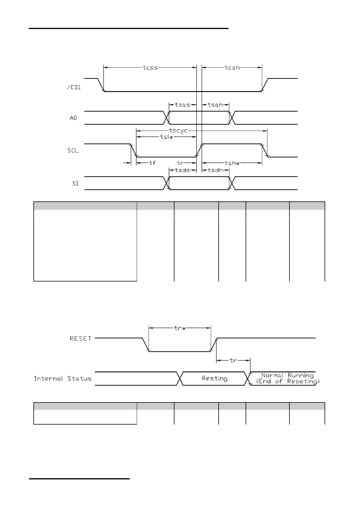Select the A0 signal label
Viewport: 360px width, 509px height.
pos(73,118)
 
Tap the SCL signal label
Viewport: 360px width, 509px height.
pos(73,151)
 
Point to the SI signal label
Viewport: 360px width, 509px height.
pos(75,184)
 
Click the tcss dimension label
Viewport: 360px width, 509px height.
pos(150,68)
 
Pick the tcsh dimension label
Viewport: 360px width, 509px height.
pos(232,68)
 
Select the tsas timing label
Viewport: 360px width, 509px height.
pos(182,105)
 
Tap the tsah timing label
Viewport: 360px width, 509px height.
pos(215,105)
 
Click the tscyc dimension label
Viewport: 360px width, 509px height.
pos(179,131)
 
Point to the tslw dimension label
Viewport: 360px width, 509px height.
pos(166,137)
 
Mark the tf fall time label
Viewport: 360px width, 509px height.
pos(152,163)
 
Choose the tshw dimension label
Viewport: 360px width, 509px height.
pos(232,163)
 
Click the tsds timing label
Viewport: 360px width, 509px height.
pos(182,170)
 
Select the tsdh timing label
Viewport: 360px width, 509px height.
pos(215,170)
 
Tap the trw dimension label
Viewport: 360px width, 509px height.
pos(180,328)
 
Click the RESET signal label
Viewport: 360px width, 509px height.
pos(81,339)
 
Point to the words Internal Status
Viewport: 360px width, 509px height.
pos(63,378)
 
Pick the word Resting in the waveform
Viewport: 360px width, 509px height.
pos(215,378)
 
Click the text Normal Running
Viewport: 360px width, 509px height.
pos(287,375)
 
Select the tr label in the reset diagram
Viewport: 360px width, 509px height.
pos(233,360)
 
